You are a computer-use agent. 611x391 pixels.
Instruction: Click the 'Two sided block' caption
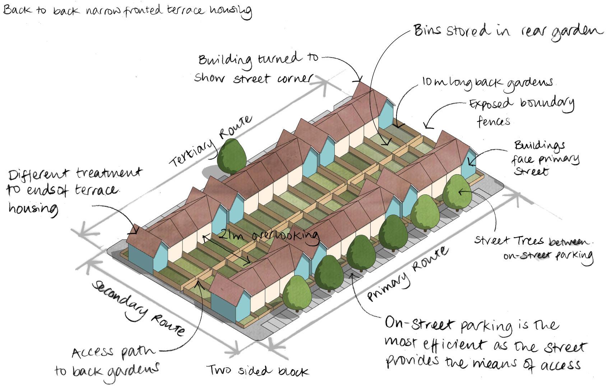257,371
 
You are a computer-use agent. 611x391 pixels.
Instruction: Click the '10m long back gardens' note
487,82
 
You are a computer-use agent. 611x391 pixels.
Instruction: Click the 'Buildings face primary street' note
545,158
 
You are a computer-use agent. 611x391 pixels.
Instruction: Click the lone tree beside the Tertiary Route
232,156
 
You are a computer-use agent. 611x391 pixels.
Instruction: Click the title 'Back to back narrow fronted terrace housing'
127,11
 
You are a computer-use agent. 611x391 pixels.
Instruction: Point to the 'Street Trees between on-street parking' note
533,248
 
